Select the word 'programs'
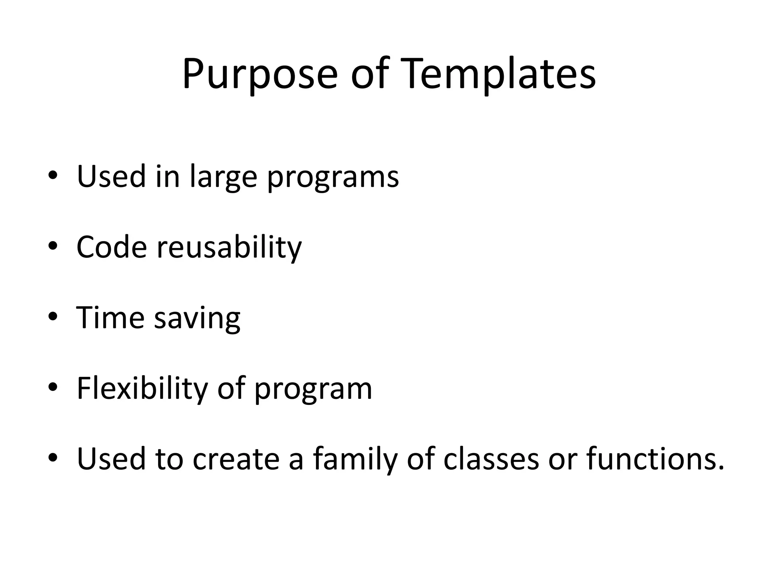click(x=333, y=178)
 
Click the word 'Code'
click(x=111, y=247)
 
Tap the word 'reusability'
click(x=229, y=249)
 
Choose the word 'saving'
click(x=197, y=319)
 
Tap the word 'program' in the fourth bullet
click(x=313, y=390)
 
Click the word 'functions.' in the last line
click(x=655, y=459)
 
